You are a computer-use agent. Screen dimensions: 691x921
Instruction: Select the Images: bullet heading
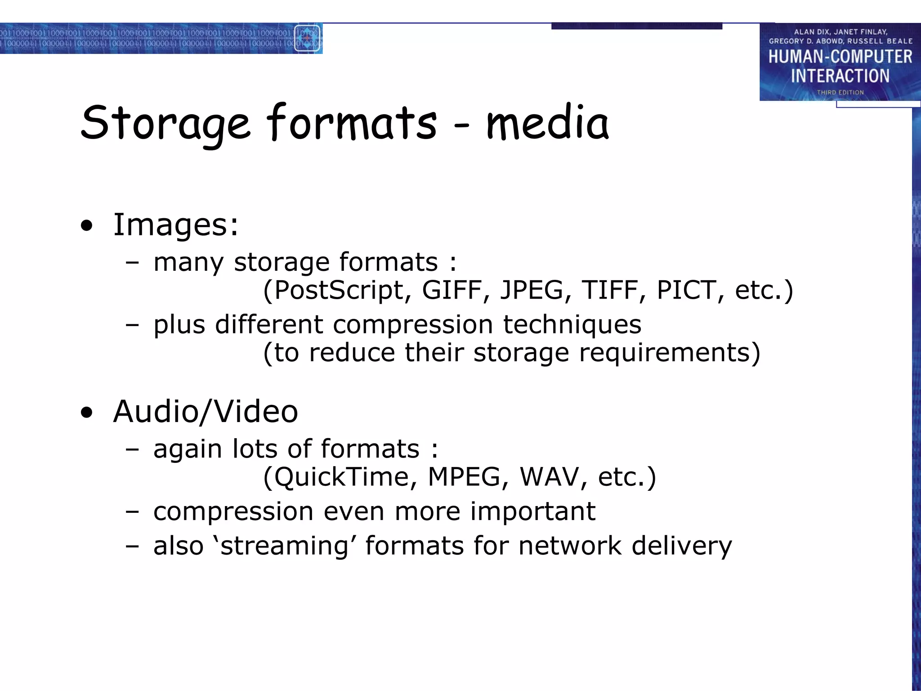pyautogui.click(x=175, y=224)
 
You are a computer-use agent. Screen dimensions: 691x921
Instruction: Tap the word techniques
pyautogui.click(x=572, y=325)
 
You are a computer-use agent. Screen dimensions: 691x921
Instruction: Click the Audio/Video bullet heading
pyautogui.click(x=206, y=412)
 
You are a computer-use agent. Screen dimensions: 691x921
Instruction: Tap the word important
pyautogui.click(x=533, y=512)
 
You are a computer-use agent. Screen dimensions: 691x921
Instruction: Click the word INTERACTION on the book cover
pyautogui.click(x=840, y=76)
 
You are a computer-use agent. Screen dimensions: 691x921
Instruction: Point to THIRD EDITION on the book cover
pyautogui.click(x=840, y=92)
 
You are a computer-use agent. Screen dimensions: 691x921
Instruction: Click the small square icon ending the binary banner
pyautogui.click(x=307, y=38)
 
